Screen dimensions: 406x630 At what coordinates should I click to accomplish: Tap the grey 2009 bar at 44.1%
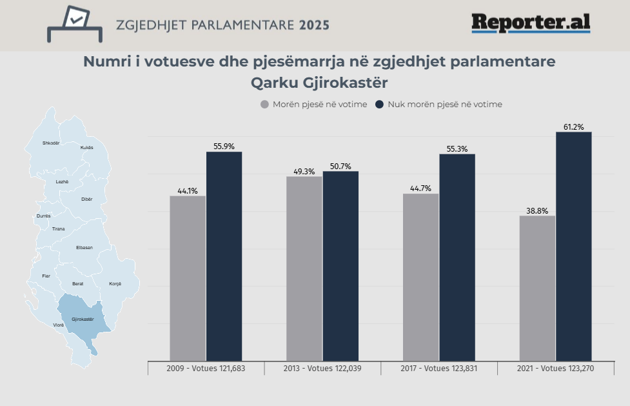(188, 278)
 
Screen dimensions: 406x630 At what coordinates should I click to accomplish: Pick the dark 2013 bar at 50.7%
(340, 266)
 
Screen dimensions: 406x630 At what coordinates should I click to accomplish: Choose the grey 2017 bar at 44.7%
(420, 278)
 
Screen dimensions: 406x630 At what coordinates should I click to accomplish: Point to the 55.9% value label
(224, 147)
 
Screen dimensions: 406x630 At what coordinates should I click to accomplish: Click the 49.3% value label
(304, 172)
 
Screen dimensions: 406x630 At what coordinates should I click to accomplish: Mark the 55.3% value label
(457, 149)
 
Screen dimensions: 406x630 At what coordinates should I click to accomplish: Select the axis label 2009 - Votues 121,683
(206, 369)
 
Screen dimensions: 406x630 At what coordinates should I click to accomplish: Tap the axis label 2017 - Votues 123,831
(439, 369)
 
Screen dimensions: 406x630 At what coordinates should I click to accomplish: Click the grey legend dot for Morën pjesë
(264, 104)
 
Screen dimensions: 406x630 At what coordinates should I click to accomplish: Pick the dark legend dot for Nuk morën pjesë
(380, 104)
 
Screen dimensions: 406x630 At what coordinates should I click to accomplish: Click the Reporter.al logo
(531, 23)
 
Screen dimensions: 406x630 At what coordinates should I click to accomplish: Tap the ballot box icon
(75, 24)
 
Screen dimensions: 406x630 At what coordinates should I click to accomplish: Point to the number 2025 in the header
(314, 25)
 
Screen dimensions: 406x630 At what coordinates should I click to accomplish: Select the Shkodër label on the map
(50, 143)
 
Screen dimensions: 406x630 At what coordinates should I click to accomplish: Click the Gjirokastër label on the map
(83, 320)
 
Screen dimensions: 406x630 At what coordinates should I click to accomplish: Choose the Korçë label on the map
(115, 284)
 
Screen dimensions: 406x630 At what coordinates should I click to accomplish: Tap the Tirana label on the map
(58, 229)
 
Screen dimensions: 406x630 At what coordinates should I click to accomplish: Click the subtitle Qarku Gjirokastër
(319, 84)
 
